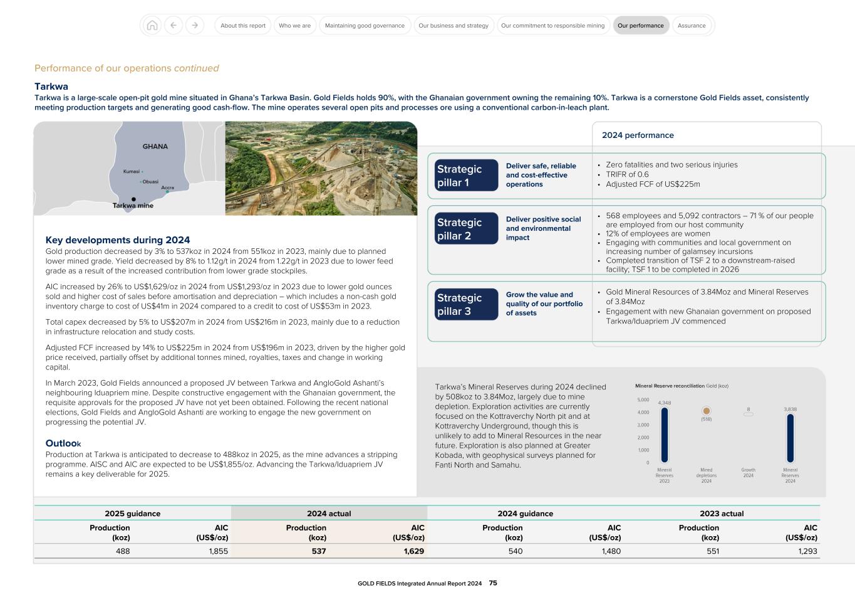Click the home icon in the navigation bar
coord(152,26)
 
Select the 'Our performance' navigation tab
coord(640,26)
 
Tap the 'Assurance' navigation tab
coord(692,26)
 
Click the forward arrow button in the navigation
coord(195,26)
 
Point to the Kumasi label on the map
coord(132,171)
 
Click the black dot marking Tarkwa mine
coord(133,199)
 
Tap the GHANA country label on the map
coord(155,147)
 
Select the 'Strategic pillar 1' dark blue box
coord(466,176)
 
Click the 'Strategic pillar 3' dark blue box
coord(466,304)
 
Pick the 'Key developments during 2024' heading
coord(118,240)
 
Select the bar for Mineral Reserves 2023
coord(664,435)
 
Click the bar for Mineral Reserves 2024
coord(790,438)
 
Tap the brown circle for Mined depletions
coord(707,411)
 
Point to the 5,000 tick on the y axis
coord(643,399)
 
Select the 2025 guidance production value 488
coord(123,551)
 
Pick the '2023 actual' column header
coord(722,514)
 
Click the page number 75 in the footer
coord(493,583)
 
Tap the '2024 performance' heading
coord(638,135)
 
